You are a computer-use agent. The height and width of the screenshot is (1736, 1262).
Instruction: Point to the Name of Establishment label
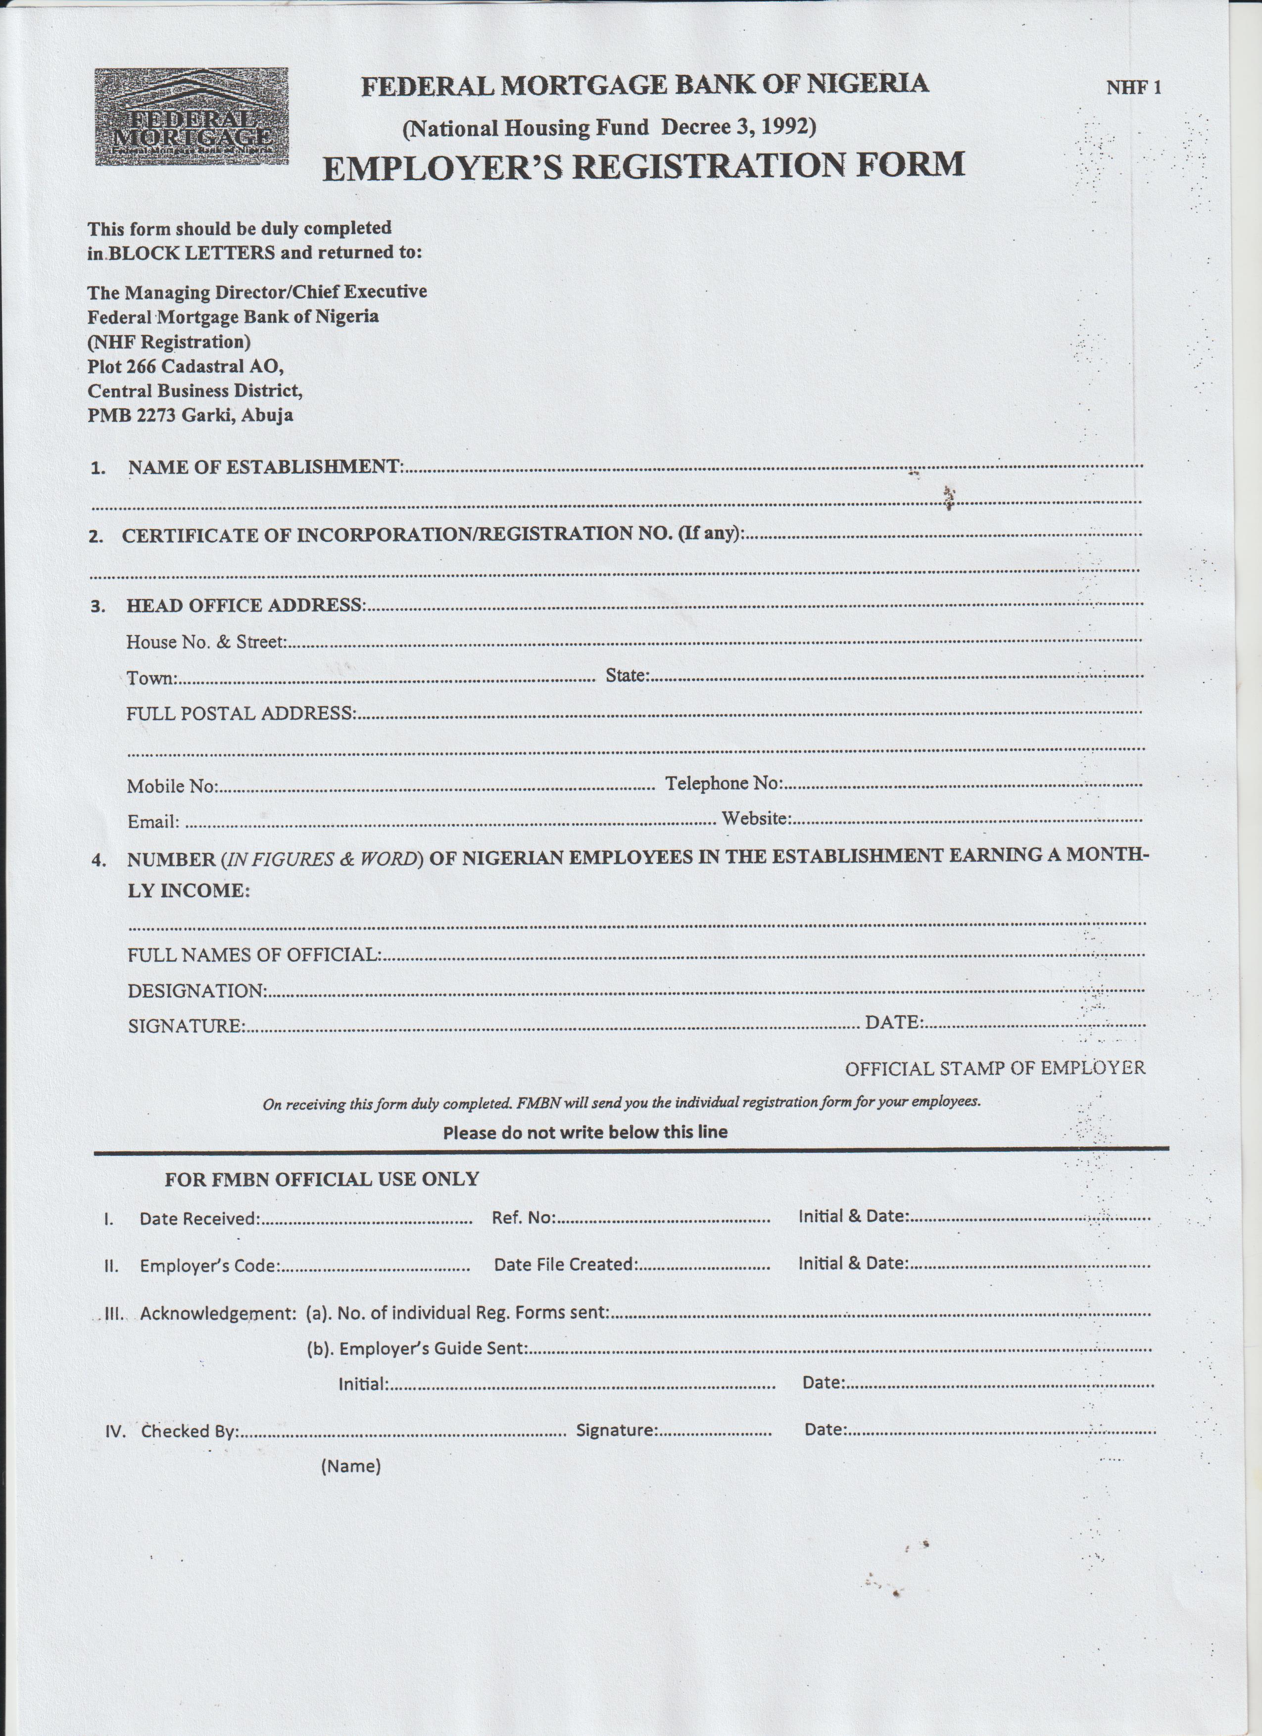[265, 467]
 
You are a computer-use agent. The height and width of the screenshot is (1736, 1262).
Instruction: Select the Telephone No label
[723, 783]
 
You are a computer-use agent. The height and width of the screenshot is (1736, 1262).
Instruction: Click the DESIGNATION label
[196, 991]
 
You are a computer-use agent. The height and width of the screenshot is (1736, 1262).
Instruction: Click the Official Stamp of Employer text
[995, 1069]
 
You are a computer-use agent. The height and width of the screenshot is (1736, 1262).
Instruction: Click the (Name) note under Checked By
[350, 1466]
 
